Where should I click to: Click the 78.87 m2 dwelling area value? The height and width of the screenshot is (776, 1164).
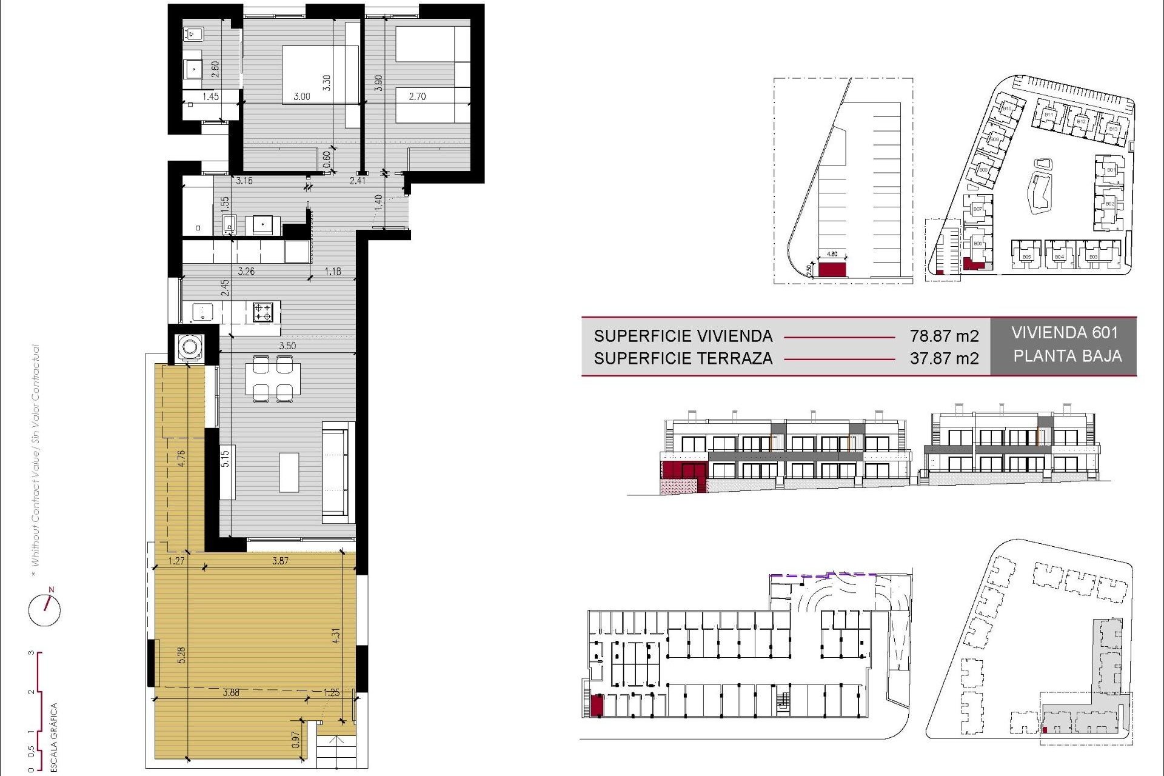pyautogui.click(x=944, y=336)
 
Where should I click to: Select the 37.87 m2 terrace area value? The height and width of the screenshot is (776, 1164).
pyautogui.click(x=944, y=358)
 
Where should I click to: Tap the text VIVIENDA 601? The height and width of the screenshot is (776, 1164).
pyautogui.click(x=1064, y=333)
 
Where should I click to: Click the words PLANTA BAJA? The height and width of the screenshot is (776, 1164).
pyautogui.click(x=1067, y=356)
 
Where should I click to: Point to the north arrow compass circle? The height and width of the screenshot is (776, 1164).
pyautogui.click(x=45, y=610)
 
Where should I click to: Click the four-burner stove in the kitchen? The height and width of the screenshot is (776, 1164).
pyautogui.click(x=263, y=312)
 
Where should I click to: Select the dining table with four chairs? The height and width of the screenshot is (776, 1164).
pyautogui.click(x=273, y=379)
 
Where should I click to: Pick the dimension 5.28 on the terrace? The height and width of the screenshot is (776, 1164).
pyautogui.click(x=181, y=655)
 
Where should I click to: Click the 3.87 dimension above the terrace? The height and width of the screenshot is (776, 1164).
pyautogui.click(x=280, y=561)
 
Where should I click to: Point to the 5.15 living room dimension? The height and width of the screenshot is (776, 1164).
pyautogui.click(x=225, y=458)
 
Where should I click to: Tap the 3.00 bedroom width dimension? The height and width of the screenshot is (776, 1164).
pyautogui.click(x=301, y=96)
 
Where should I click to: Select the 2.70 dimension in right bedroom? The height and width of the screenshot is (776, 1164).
pyautogui.click(x=417, y=96)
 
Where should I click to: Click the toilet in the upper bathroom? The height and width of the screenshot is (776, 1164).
pyautogui.click(x=193, y=34)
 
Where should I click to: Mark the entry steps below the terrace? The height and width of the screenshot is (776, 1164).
pyautogui.click(x=336, y=752)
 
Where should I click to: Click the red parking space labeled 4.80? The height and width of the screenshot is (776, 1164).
pyautogui.click(x=832, y=269)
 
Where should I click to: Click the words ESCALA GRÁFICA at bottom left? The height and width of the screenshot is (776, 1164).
pyautogui.click(x=54, y=737)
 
